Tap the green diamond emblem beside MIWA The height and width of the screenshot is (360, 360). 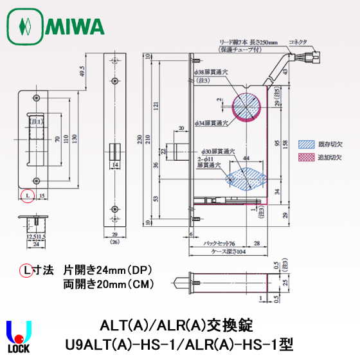tap(25, 27)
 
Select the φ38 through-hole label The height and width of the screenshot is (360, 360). tap(210, 72)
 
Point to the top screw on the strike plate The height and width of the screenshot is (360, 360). tap(37, 99)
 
